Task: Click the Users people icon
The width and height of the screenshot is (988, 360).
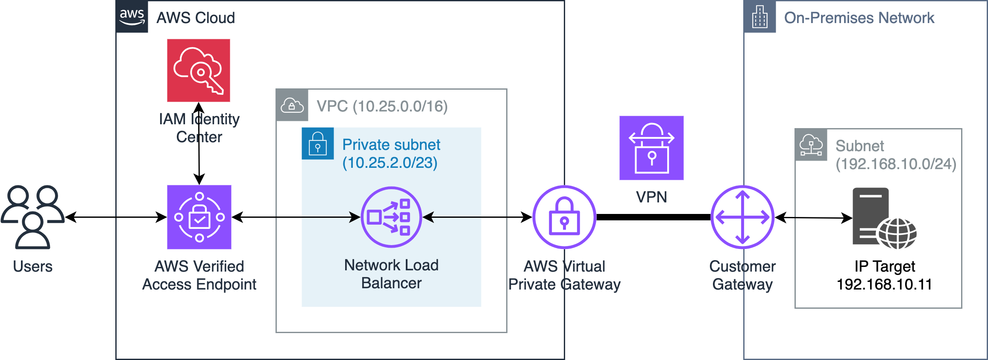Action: (33, 217)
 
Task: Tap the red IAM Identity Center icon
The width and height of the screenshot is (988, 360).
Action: (199, 70)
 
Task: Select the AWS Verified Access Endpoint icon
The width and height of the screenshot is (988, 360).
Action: (199, 217)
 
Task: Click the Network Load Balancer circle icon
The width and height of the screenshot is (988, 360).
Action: (391, 217)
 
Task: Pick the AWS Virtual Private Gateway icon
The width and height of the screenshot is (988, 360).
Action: (564, 217)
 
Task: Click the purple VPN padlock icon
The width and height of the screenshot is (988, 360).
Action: (651, 148)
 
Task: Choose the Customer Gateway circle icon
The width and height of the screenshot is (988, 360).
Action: (742, 217)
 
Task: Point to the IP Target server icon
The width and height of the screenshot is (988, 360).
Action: (885, 218)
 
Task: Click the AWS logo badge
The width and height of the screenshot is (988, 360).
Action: (132, 17)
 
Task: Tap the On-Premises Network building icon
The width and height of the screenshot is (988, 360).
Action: (760, 17)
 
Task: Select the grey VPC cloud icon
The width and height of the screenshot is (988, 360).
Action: (292, 105)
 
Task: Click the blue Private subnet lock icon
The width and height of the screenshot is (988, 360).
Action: (318, 143)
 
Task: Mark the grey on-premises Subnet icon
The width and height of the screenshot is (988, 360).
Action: (811, 145)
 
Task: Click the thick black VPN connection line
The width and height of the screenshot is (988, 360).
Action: (654, 217)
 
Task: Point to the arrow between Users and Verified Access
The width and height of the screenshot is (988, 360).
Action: (116, 217)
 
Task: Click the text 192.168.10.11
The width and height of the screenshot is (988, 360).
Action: (884, 284)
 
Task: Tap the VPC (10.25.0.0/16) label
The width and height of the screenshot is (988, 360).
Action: (382, 106)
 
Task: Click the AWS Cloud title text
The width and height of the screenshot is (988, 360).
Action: (196, 18)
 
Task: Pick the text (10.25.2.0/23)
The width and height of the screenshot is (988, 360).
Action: (390, 163)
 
